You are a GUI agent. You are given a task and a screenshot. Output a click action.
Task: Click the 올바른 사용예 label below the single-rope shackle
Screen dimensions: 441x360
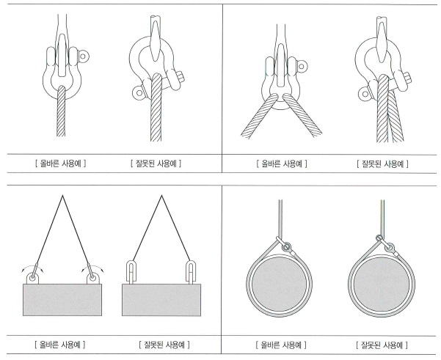click(x=60, y=164)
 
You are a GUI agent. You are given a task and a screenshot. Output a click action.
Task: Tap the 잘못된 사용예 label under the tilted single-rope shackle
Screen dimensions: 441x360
click(x=156, y=164)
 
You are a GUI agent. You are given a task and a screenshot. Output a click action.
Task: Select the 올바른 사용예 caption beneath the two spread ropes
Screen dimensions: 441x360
click(x=282, y=164)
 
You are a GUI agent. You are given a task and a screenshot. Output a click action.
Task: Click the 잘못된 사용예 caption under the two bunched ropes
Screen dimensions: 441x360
click(x=382, y=164)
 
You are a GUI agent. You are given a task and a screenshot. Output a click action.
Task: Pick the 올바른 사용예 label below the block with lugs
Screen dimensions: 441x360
click(x=60, y=344)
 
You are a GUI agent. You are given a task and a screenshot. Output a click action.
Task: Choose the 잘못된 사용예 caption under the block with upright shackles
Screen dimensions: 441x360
click(x=164, y=345)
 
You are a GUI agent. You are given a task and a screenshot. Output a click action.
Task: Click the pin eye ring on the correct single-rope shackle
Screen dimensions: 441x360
click(x=83, y=56)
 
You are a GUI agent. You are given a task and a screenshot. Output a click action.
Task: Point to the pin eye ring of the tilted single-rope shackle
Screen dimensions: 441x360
click(x=139, y=92)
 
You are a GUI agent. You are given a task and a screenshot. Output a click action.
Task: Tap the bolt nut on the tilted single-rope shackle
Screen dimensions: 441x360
click(x=181, y=77)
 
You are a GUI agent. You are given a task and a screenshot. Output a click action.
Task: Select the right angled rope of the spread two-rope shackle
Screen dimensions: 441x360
click(x=302, y=115)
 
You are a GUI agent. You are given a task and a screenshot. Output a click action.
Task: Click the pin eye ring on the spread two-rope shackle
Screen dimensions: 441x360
click(x=302, y=67)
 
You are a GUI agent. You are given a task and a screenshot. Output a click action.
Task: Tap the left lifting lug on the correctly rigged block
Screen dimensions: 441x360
click(x=32, y=278)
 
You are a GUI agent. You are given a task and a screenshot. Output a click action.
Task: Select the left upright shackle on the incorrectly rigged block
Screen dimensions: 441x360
click(x=130, y=272)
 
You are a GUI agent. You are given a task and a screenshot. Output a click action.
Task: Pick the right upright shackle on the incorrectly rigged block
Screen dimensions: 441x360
click(x=191, y=272)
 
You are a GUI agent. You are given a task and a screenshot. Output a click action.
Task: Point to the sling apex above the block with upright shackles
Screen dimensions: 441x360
click(x=161, y=195)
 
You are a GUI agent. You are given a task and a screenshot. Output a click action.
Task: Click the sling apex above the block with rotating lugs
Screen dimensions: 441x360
click(x=62, y=195)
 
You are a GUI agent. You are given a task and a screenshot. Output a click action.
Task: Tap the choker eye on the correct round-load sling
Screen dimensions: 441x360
click(x=287, y=247)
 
